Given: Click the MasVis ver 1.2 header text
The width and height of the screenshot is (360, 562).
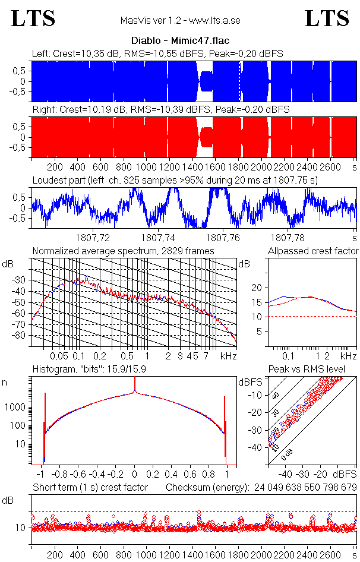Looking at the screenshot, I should (180, 21).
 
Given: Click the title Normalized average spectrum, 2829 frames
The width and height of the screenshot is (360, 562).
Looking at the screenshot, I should (123, 251).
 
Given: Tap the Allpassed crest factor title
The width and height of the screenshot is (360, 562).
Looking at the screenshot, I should (313, 251).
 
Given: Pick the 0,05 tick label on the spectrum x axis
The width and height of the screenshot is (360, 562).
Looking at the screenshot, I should (59, 356).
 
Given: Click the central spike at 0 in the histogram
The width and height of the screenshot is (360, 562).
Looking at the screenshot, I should (135, 389).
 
